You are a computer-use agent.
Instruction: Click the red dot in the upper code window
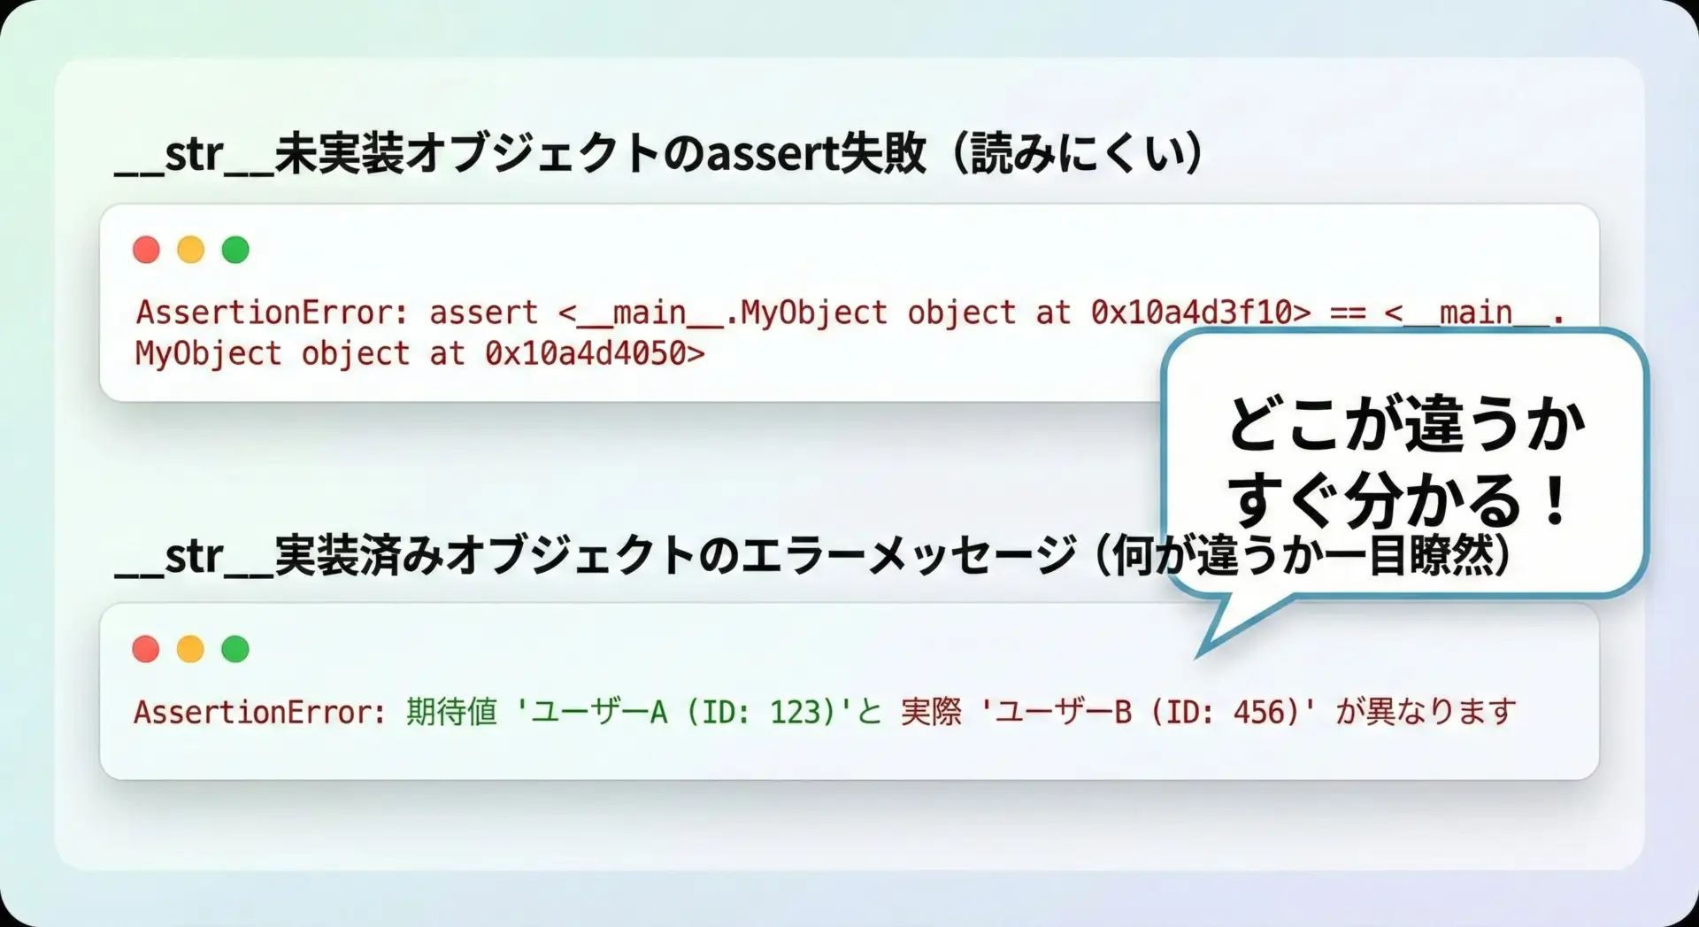pos(146,250)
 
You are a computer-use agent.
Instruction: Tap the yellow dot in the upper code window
pos(190,250)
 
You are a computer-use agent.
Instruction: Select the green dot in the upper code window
pos(235,250)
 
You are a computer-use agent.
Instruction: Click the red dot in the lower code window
pos(146,649)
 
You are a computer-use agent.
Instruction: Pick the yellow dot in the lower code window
pos(190,649)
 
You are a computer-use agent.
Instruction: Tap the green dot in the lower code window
pos(235,649)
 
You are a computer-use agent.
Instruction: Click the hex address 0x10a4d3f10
pos(1191,313)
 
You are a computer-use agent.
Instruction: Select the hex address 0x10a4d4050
pos(586,353)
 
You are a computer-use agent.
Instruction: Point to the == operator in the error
pos(1348,313)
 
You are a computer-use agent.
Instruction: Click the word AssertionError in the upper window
pos(262,313)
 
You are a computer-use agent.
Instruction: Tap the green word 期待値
pos(452,712)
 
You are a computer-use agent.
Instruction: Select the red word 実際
pos(931,712)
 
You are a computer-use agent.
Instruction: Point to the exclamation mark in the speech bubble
pos(1555,499)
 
